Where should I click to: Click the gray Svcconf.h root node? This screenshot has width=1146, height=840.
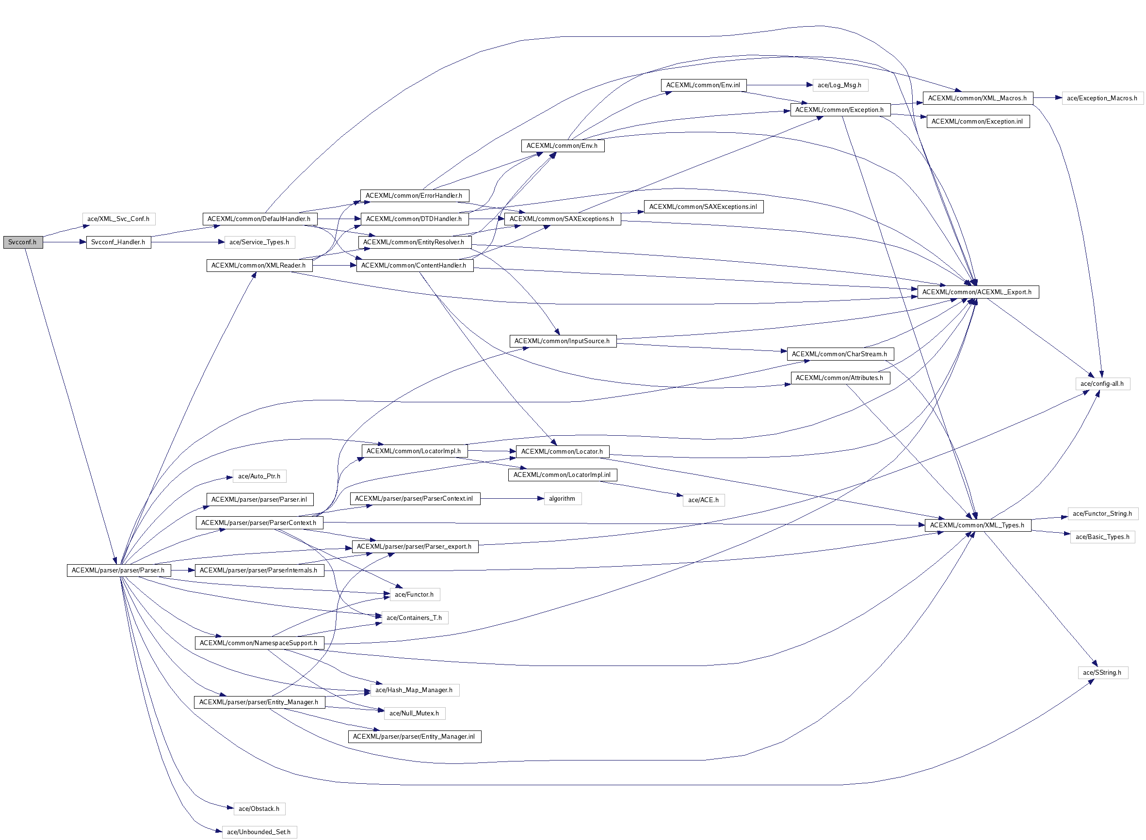point(23,242)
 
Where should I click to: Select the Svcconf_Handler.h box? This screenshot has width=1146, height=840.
point(118,242)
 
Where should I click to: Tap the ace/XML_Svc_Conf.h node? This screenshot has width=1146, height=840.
point(118,219)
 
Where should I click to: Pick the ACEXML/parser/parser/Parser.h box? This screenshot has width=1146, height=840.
point(118,570)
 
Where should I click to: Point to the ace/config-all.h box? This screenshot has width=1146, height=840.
point(1102,383)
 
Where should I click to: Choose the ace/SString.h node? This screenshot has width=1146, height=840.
point(1102,672)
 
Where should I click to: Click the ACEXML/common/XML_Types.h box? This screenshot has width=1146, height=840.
point(977,525)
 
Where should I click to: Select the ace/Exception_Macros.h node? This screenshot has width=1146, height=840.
point(1102,98)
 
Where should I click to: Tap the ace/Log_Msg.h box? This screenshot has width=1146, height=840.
point(839,85)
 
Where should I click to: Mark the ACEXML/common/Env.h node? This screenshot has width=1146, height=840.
point(562,145)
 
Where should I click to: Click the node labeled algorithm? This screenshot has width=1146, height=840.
point(562,498)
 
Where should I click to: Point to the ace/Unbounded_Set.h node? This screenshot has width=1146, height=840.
point(259,832)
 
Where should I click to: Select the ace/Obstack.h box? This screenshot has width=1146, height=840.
point(259,808)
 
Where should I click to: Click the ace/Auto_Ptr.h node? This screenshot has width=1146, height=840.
point(259,476)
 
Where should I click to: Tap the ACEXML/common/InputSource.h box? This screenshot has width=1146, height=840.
point(562,341)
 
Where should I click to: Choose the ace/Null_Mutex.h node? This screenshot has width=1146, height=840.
point(414,713)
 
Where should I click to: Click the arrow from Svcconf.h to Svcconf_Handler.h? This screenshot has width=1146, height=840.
point(65,242)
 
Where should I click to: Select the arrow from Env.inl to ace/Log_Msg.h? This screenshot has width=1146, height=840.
point(778,85)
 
